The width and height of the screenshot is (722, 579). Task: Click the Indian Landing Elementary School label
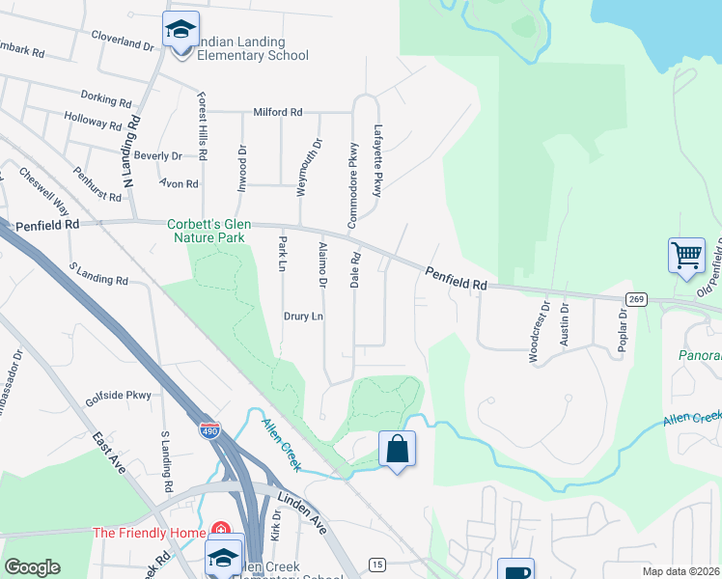pos(240,48)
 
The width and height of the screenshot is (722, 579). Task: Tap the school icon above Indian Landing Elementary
pos(180,30)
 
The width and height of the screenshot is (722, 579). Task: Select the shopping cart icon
pos(686,256)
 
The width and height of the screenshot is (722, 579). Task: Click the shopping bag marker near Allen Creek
pos(397,449)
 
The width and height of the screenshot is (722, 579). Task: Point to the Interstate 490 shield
pos(209,428)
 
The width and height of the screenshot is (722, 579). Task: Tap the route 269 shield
pos(635,299)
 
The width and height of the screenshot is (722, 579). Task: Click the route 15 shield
pos(376,564)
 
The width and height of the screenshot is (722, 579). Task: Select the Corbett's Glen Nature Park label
pos(207,230)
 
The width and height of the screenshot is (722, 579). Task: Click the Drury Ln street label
pos(303,316)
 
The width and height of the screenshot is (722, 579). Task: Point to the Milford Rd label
pos(278,112)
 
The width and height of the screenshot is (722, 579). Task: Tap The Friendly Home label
pos(149,533)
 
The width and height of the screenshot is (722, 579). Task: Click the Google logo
pos(32,567)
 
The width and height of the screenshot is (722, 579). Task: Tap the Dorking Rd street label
pos(106,98)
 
